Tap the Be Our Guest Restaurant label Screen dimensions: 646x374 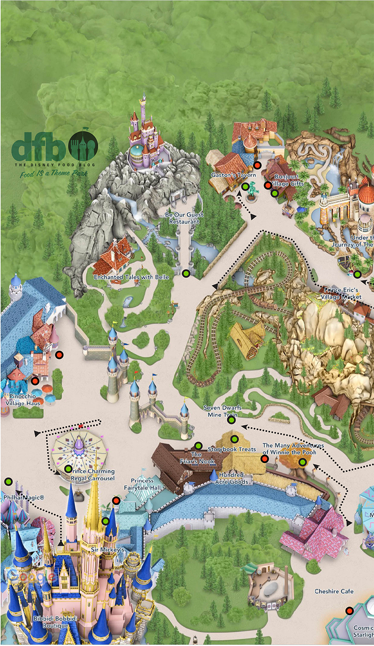[x=184, y=218]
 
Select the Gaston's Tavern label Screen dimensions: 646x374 [x=233, y=175]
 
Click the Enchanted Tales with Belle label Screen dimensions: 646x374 [x=131, y=277]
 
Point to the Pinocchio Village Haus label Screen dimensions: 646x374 [x=23, y=400]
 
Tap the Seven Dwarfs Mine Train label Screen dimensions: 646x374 [x=222, y=411]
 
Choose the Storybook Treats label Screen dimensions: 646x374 [x=232, y=449]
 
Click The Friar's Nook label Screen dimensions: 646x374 [x=197, y=458]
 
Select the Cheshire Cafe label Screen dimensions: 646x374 [x=334, y=591]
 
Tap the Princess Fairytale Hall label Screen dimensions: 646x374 [x=142, y=484]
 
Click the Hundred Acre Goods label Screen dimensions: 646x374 [x=231, y=478]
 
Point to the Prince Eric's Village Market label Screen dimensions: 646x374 [x=341, y=293]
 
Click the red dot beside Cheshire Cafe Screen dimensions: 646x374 [x=349, y=611]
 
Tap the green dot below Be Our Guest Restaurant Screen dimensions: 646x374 [x=186, y=273]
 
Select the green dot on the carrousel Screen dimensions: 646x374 [x=68, y=469]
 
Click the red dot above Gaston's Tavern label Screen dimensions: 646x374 [x=257, y=165]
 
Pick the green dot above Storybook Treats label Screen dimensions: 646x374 [x=235, y=439]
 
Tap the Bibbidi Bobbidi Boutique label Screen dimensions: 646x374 [x=55, y=622]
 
